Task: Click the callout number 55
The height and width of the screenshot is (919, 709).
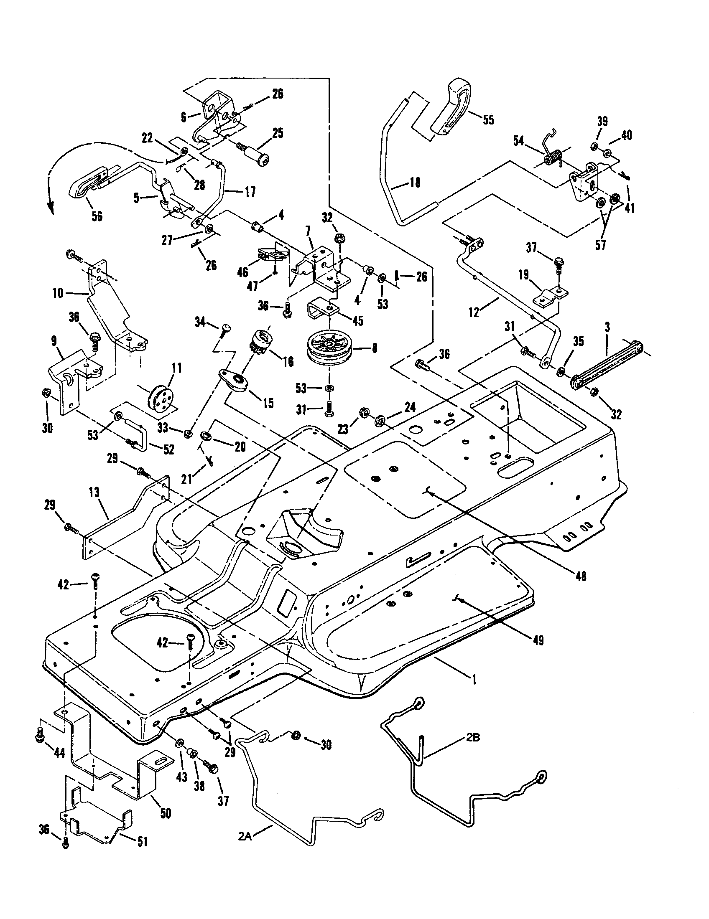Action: (x=487, y=119)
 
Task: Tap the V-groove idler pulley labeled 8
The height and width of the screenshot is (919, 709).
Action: (x=327, y=348)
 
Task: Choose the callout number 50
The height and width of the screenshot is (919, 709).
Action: (x=166, y=813)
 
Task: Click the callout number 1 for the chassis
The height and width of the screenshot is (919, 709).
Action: (x=474, y=679)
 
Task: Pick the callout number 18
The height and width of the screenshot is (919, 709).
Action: (x=415, y=183)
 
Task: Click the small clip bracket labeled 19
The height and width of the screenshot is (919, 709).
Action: (x=551, y=294)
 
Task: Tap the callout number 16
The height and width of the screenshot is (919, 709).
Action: (x=288, y=361)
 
